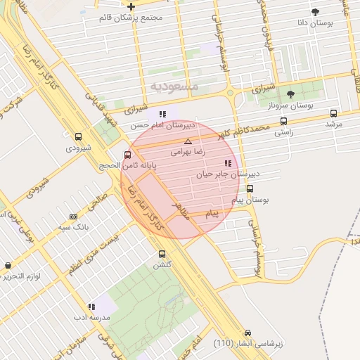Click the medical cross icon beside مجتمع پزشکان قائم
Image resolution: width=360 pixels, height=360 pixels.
coord(131,6)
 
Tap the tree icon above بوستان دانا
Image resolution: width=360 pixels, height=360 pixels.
coord(314,12)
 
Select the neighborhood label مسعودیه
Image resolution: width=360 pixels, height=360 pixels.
coord(175,85)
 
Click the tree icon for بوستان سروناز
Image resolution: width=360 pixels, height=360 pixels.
coord(290,94)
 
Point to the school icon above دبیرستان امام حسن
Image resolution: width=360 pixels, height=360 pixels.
coord(162,114)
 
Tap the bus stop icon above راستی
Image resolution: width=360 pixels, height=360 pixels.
coord(283,121)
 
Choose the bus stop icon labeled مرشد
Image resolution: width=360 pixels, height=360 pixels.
coord(333,112)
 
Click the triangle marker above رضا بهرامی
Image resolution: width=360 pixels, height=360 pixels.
coord(188,141)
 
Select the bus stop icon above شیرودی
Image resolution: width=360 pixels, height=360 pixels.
coord(78,137)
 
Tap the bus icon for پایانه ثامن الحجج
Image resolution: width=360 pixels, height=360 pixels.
coord(127,155)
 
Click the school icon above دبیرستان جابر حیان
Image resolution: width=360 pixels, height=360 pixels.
coord(227,163)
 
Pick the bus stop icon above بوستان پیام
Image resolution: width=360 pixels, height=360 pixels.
coord(250,188)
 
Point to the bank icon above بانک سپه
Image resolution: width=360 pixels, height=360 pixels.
coord(73,217)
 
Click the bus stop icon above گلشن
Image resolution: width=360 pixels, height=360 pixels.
coord(162,254)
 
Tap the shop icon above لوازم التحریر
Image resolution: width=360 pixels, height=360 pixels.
coord(8,266)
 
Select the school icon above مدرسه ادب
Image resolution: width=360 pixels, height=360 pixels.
coord(91,307)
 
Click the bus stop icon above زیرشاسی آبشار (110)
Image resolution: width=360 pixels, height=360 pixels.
coord(247,333)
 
